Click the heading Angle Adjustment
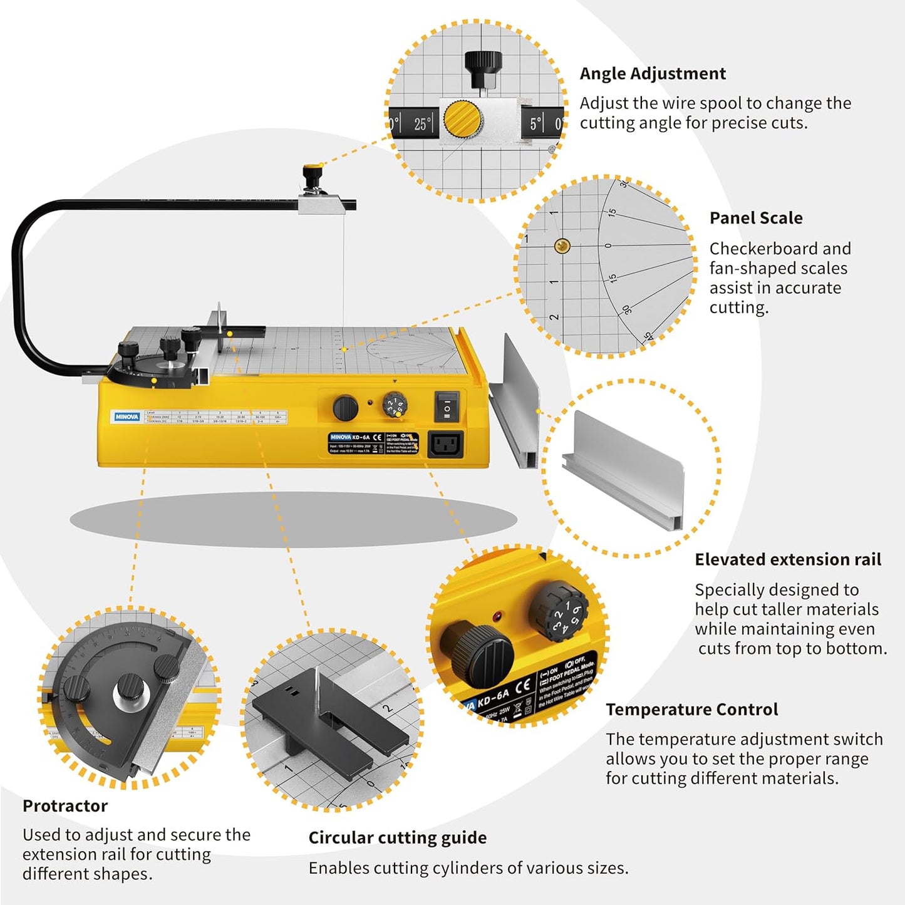point(653,74)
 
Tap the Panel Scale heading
point(756,218)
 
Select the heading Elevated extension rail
point(788,559)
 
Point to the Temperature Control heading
point(691,710)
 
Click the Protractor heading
point(65,806)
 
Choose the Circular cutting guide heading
point(397,838)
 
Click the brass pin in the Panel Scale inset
point(562,246)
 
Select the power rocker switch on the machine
point(447,406)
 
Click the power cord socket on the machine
point(445,445)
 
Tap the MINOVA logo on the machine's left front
point(127,416)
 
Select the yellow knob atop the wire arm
point(312,170)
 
